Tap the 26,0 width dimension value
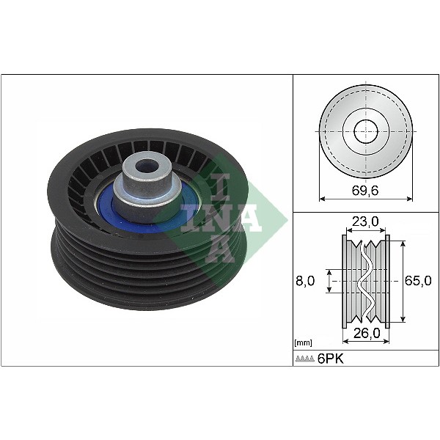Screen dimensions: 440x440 click(x=365, y=332)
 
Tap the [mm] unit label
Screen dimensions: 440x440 click(x=302, y=342)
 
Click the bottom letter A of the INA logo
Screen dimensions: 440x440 click(x=220, y=249)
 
